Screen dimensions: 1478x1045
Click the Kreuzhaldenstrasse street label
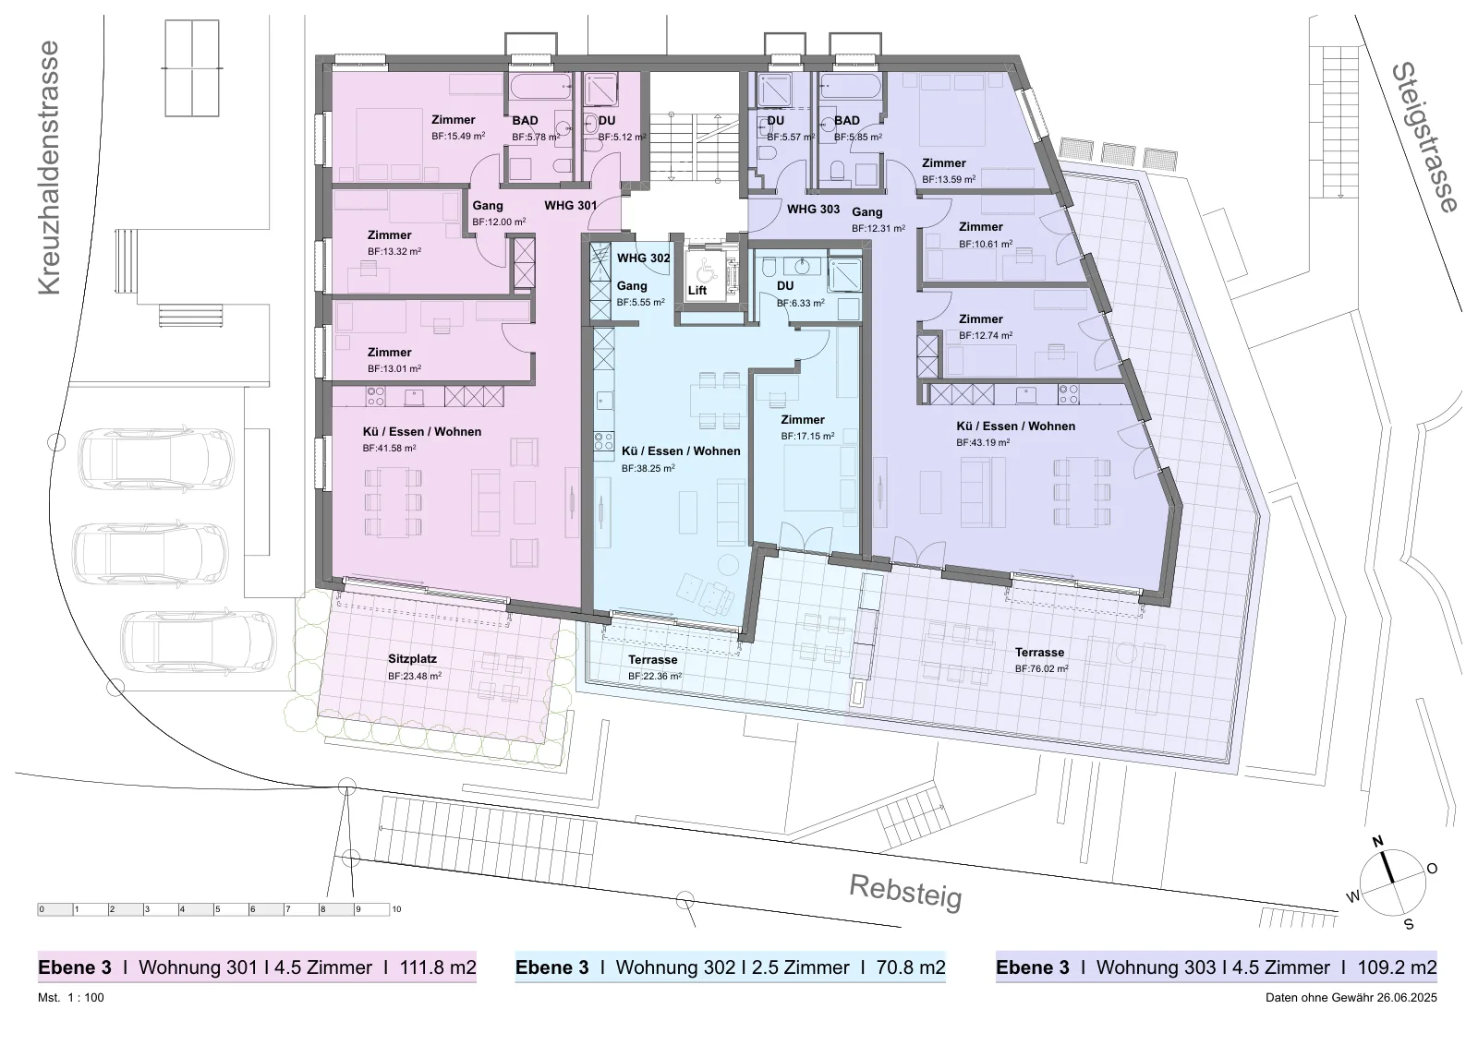pyautogui.click(x=49, y=167)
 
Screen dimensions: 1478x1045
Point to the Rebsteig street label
pyautogui.click(x=905, y=892)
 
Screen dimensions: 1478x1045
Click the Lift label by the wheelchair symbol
pyautogui.click(x=697, y=290)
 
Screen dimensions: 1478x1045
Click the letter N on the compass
pyautogui.click(x=1377, y=842)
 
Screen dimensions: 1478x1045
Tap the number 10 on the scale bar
pyautogui.click(x=396, y=909)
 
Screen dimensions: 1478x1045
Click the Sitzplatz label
pyautogui.click(x=412, y=658)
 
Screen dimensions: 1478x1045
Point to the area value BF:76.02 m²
pyautogui.click(x=1041, y=668)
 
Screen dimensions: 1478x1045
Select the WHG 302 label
pyautogui.click(x=643, y=258)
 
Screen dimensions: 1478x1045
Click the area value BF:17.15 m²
pyautogui.click(x=807, y=436)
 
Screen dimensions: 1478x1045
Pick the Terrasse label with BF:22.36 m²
pyautogui.click(x=652, y=659)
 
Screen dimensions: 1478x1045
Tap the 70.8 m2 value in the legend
pyautogui.click(x=911, y=967)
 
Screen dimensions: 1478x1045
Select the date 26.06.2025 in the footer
pyautogui.click(x=1406, y=998)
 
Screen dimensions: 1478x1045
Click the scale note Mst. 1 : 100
pyautogui.click(x=70, y=998)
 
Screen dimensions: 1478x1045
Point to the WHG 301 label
pyautogui.click(x=571, y=205)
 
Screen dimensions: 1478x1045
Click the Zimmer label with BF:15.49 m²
pyautogui.click(x=454, y=119)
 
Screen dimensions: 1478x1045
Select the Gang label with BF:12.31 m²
pyautogui.click(x=867, y=211)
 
